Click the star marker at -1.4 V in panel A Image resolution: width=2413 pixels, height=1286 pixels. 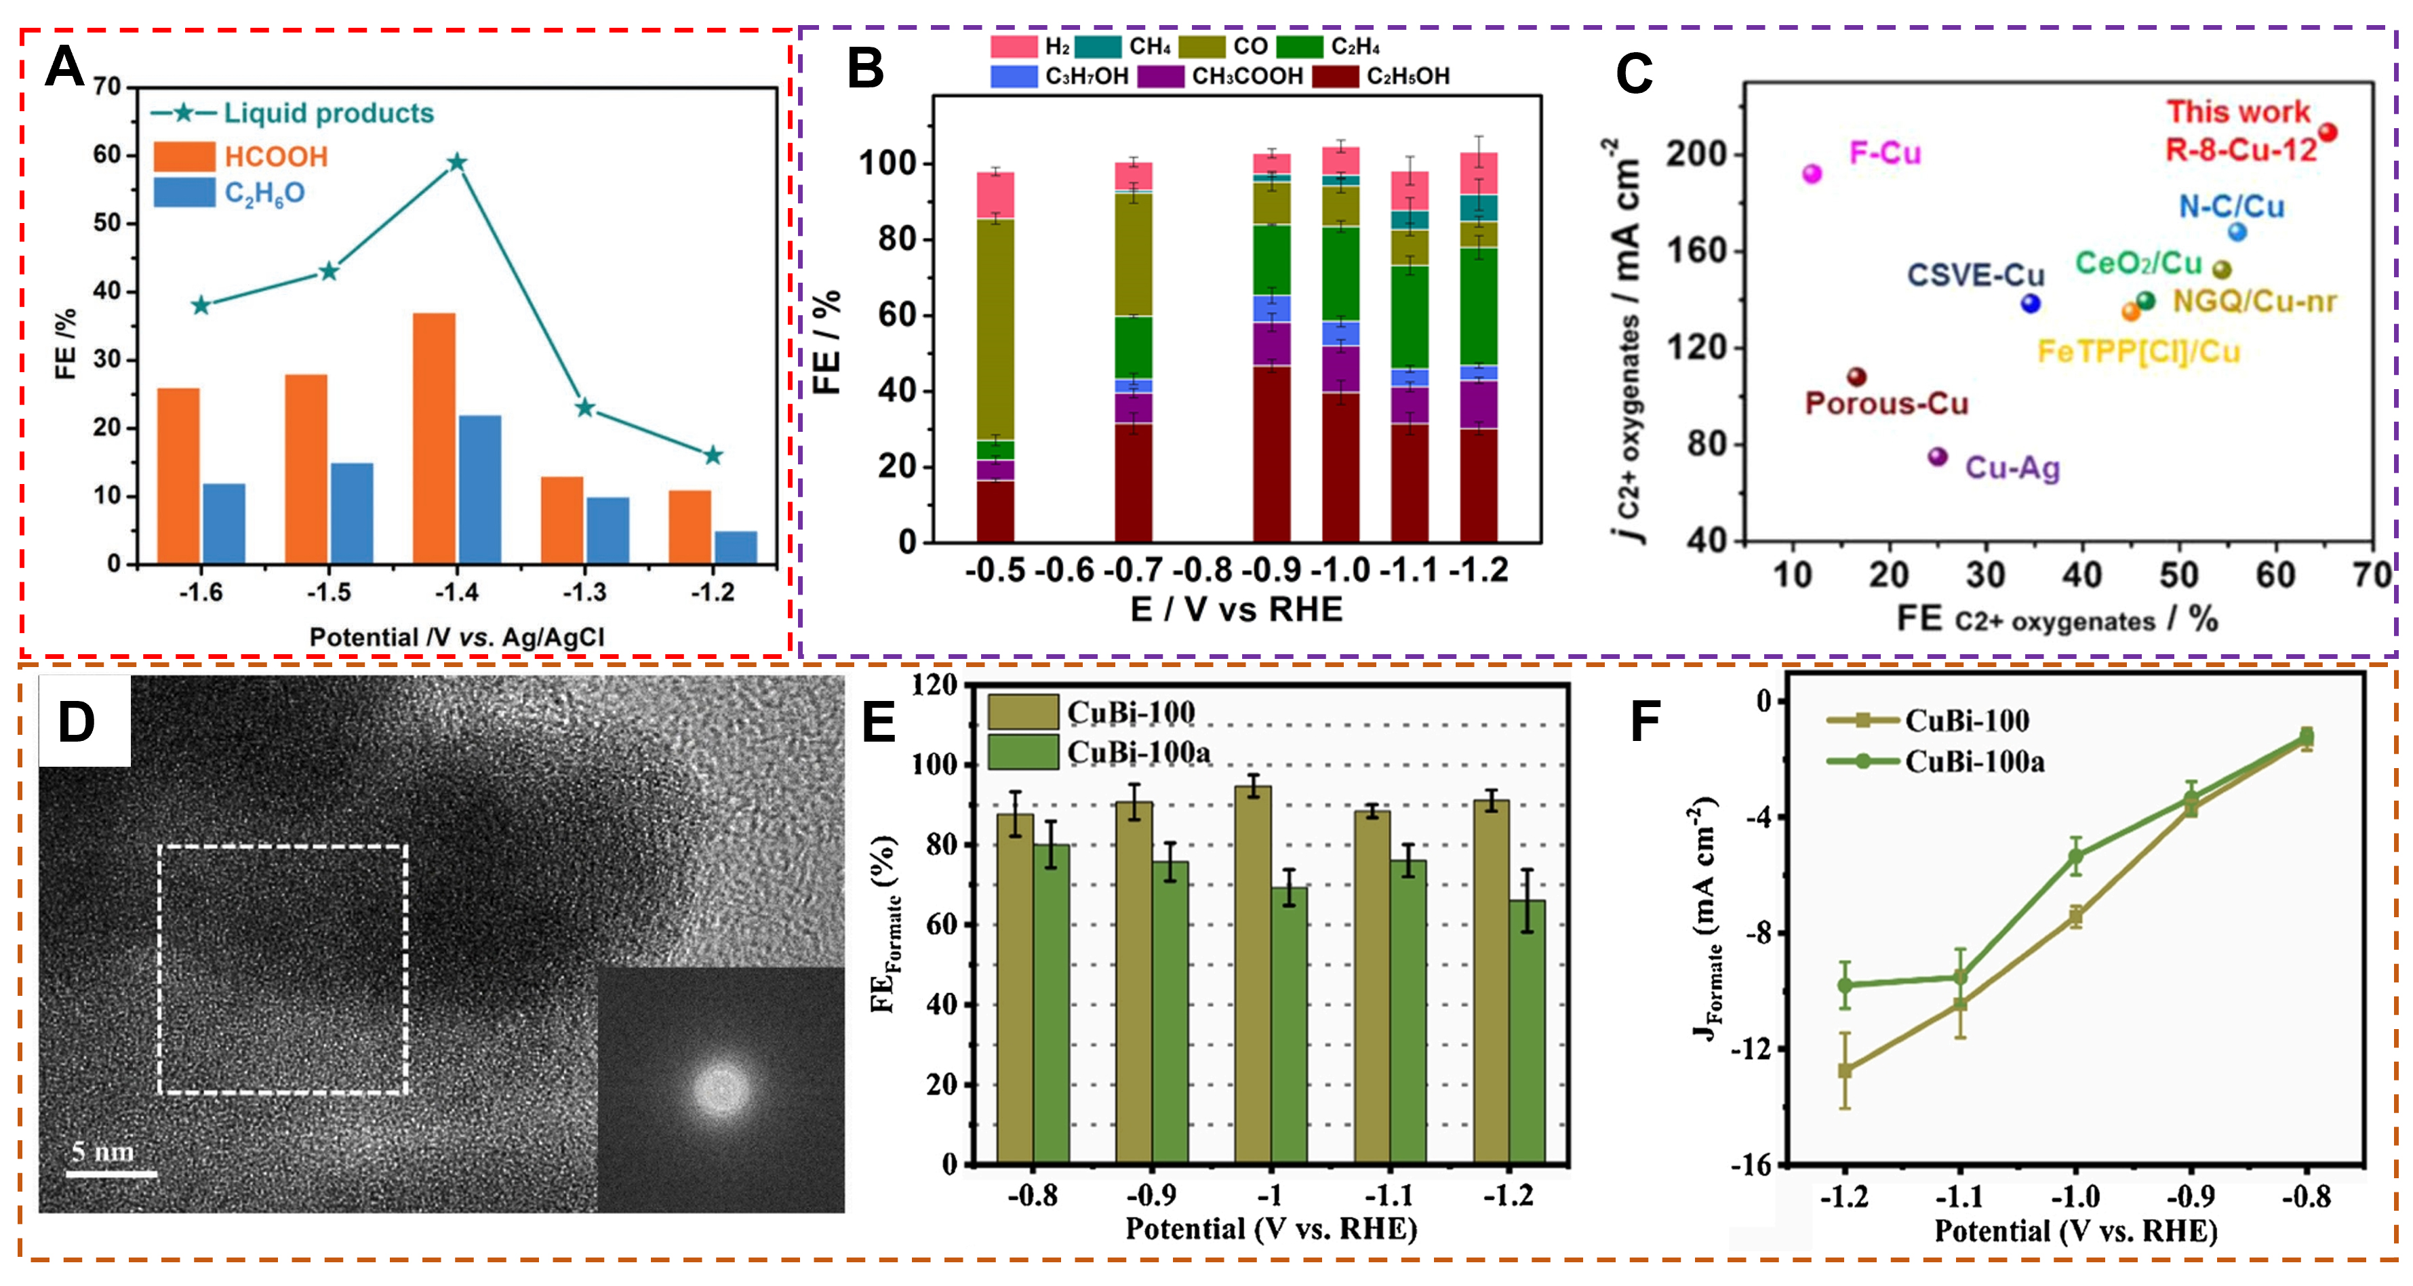[456, 163]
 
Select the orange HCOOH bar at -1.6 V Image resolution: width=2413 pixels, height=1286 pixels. [178, 476]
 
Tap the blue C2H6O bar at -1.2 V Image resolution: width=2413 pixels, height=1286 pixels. [736, 547]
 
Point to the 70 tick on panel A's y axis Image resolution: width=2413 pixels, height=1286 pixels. [107, 87]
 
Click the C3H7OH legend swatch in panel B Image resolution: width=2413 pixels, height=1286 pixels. [1014, 76]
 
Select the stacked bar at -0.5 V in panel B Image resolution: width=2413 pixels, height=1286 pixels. [995, 356]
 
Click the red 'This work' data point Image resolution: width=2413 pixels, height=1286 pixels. [2327, 133]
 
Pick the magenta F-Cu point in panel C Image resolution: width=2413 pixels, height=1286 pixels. [1812, 174]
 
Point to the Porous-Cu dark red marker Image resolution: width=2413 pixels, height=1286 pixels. [1856, 376]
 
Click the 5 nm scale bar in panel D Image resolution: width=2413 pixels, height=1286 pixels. [111, 1173]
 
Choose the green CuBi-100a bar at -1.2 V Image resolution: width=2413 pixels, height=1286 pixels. [1527, 1030]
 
